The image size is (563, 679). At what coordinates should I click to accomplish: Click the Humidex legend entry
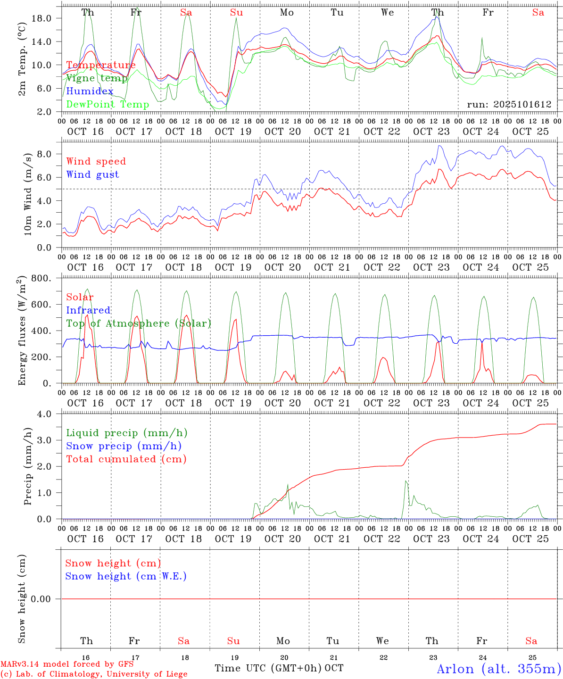(90, 91)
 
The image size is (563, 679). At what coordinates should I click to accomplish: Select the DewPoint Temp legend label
(108, 104)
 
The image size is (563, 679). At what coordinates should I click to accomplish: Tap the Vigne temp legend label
(97, 78)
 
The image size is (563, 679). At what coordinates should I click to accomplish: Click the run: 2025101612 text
(509, 104)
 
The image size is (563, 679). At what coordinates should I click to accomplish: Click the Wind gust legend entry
(92, 174)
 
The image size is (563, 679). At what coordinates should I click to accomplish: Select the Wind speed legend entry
(96, 161)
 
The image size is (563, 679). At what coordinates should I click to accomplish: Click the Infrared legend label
(88, 310)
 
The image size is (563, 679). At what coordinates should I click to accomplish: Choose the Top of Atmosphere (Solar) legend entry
(138, 323)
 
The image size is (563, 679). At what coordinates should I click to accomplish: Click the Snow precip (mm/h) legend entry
(124, 446)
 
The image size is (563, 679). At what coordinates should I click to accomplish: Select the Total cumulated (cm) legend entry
(126, 459)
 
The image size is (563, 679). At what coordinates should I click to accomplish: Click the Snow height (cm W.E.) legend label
(126, 576)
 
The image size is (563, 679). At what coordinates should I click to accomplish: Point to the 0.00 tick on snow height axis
(47, 599)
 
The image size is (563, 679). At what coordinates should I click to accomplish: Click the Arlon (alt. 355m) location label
(499, 669)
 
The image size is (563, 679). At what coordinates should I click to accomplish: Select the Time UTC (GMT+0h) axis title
(268, 668)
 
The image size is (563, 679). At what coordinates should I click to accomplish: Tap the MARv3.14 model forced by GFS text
(67, 664)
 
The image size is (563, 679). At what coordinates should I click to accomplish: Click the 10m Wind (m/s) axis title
(28, 194)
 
